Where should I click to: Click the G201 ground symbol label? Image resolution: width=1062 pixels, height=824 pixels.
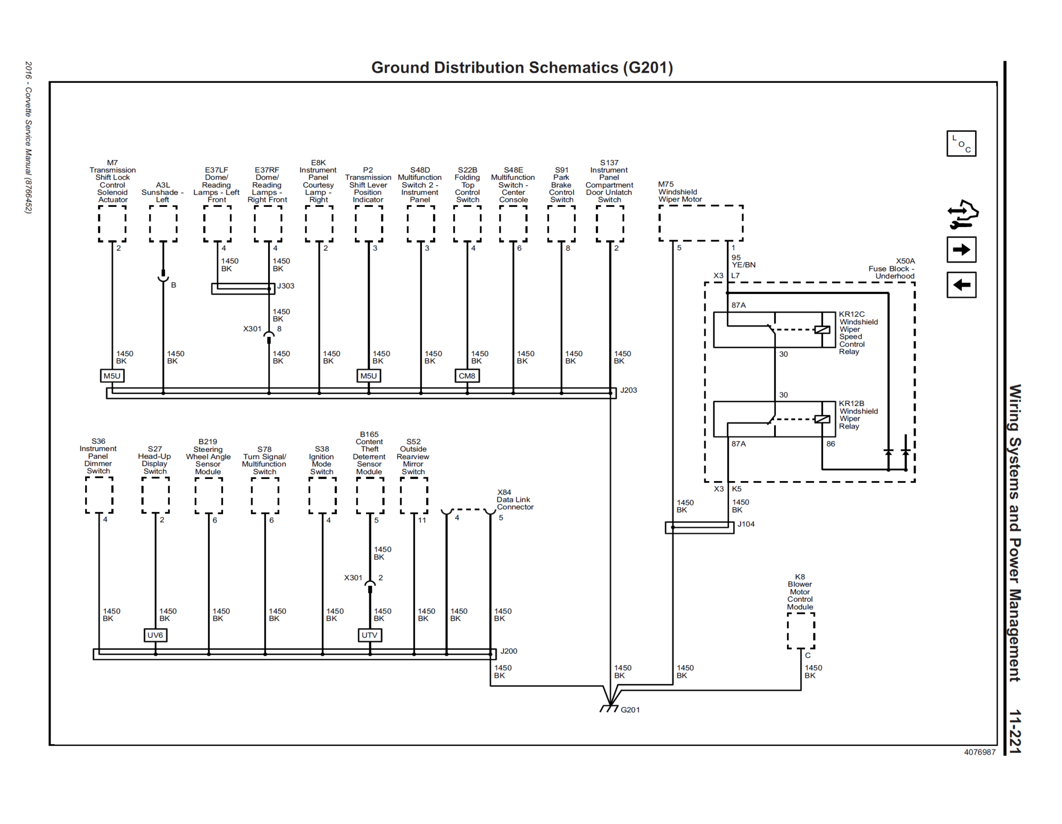[x=630, y=710]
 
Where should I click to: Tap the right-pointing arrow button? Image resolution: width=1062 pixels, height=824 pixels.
[x=961, y=250]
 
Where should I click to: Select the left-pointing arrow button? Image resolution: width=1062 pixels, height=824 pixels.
[x=961, y=285]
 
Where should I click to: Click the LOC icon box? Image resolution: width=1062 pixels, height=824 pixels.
[x=961, y=144]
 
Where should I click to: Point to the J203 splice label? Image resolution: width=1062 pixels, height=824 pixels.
[x=628, y=390]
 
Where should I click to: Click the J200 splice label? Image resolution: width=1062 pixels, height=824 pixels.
[x=509, y=651]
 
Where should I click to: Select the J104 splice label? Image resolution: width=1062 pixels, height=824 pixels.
[x=746, y=524]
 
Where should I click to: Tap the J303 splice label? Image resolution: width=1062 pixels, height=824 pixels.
[x=286, y=286]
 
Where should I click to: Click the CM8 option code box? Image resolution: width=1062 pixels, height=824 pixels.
[x=467, y=376]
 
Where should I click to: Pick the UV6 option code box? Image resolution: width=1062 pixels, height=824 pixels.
[x=155, y=635]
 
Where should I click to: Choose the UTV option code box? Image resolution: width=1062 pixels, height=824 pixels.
[x=369, y=635]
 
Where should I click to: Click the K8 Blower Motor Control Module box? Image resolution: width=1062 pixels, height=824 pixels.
[x=801, y=631]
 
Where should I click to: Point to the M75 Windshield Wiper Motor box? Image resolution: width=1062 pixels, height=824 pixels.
[x=701, y=223]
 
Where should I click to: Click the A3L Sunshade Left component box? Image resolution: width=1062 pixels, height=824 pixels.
[x=163, y=224]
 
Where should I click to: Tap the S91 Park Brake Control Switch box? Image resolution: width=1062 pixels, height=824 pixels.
[x=561, y=224]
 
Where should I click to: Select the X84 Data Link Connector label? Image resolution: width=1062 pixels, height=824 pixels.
[x=515, y=500]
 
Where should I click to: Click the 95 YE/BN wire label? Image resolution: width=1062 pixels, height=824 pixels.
[x=743, y=261]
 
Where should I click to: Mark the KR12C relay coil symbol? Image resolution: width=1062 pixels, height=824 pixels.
[x=822, y=330]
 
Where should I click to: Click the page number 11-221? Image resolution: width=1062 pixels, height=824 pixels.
[x=1015, y=731]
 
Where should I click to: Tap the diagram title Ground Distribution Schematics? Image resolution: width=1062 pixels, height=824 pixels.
[x=522, y=68]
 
